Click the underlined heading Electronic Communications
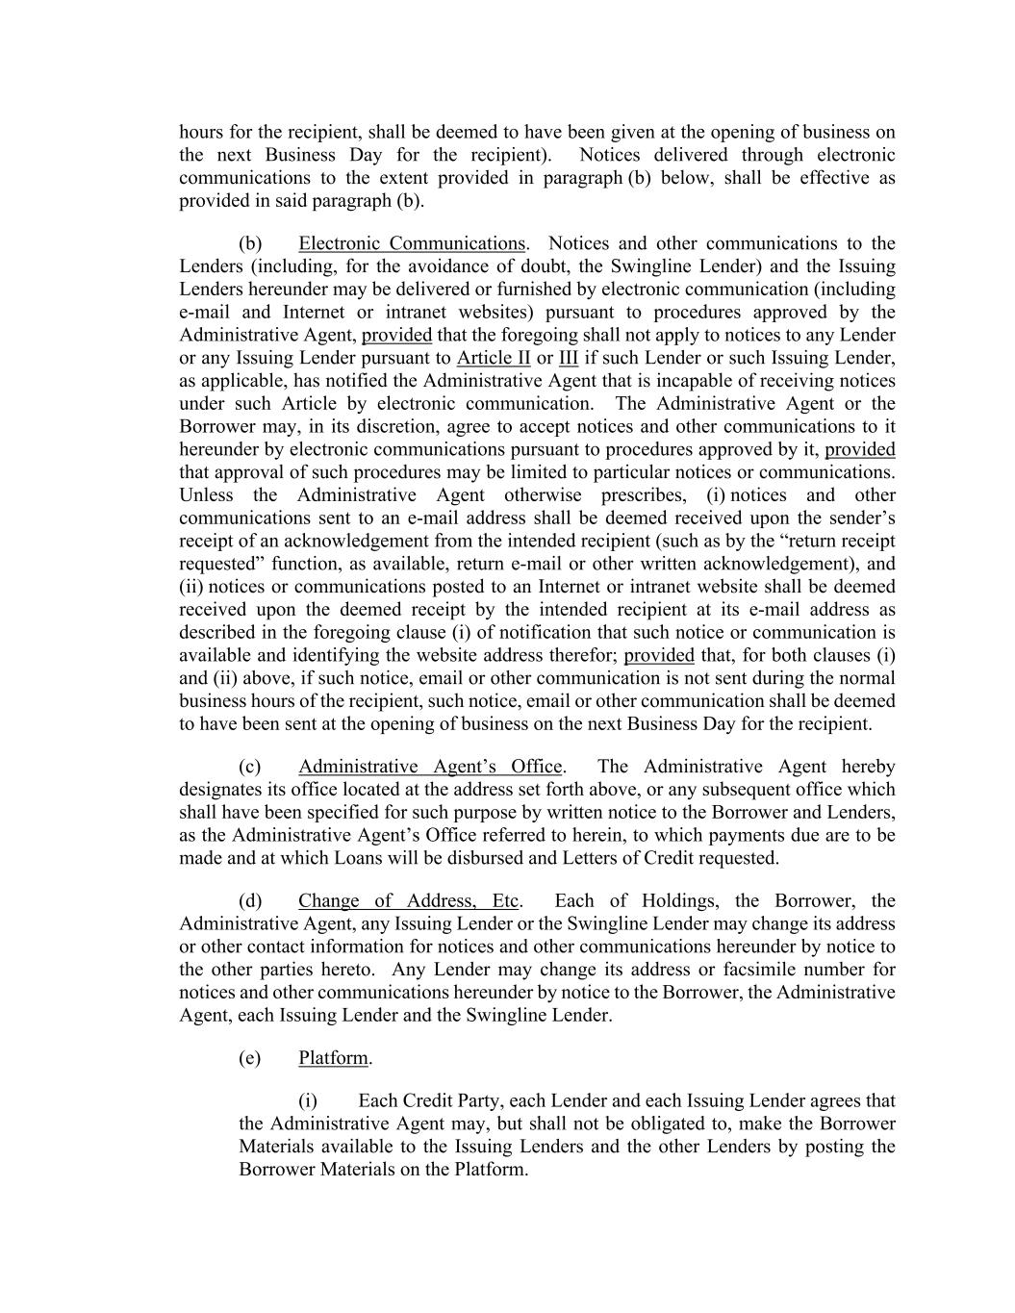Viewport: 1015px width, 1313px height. (412, 243)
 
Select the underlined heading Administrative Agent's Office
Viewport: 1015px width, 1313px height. (430, 767)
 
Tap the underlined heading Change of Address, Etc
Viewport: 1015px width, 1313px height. (409, 901)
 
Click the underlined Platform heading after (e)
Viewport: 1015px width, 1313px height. (333, 1058)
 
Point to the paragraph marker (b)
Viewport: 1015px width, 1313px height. (250, 243)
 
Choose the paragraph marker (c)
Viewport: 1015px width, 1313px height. (250, 767)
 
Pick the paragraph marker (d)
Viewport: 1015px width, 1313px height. (250, 901)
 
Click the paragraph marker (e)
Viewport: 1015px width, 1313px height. (250, 1058)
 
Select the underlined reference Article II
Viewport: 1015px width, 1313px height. (494, 359)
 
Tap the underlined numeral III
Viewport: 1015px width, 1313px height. (569, 359)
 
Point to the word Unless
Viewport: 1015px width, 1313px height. (206, 495)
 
